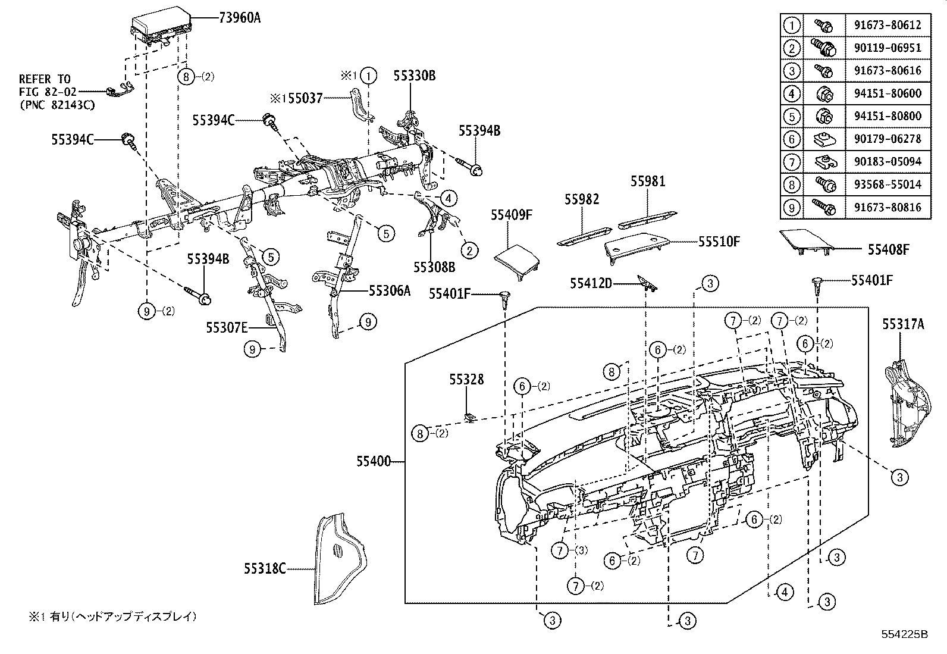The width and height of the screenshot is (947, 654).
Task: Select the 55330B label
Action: (x=415, y=76)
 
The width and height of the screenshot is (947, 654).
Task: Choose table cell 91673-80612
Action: (x=886, y=25)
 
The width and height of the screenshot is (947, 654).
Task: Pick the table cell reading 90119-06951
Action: (x=886, y=48)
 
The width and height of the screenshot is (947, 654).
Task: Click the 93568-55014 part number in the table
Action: (x=886, y=184)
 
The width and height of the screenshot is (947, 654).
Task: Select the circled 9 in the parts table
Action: (x=791, y=207)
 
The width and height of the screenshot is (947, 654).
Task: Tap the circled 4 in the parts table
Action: (x=791, y=93)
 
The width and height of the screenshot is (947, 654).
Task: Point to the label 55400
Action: (x=374, y=461)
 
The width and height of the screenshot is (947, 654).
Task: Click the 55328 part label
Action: (x=466, y=380)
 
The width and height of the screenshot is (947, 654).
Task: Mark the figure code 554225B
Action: (x=905, y=634)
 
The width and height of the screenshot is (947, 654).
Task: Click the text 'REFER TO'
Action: (x=45, y=79)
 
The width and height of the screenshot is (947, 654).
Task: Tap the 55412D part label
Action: (x=591, y=284)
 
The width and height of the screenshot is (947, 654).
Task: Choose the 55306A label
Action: (x=390, y=290)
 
